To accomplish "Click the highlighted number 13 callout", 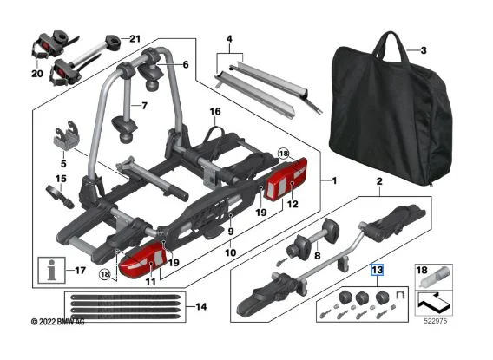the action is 378,270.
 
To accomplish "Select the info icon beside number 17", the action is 51,270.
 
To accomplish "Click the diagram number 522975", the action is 435,321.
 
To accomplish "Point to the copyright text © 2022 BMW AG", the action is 58,322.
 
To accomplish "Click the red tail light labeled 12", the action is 286,179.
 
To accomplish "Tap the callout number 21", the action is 135,39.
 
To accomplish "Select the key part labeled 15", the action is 61,197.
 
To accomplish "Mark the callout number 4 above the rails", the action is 229,39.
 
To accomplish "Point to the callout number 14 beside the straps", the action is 201,306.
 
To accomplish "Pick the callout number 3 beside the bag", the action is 424,50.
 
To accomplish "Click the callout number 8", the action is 318,256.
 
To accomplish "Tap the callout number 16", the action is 215,112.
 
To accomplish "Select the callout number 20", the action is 37,74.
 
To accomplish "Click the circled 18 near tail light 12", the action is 284,154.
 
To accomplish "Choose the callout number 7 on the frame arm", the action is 144,106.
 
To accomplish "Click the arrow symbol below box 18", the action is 431,302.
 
